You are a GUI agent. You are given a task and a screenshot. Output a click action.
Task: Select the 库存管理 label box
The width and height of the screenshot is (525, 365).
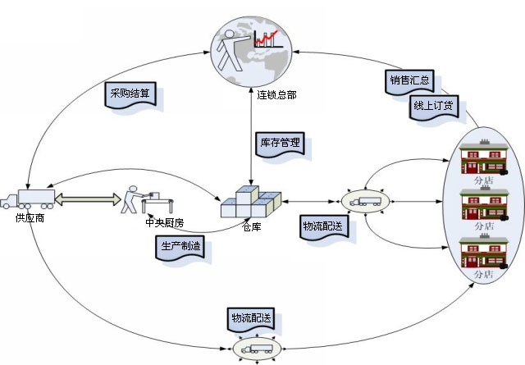pos(280,143)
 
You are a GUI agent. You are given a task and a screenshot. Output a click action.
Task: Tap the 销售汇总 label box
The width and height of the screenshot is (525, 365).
pos(409,80)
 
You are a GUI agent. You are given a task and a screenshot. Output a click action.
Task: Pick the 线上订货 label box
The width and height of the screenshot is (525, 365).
pos(435,106)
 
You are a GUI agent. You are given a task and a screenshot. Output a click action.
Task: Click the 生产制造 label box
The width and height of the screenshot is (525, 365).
pos(179,247)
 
